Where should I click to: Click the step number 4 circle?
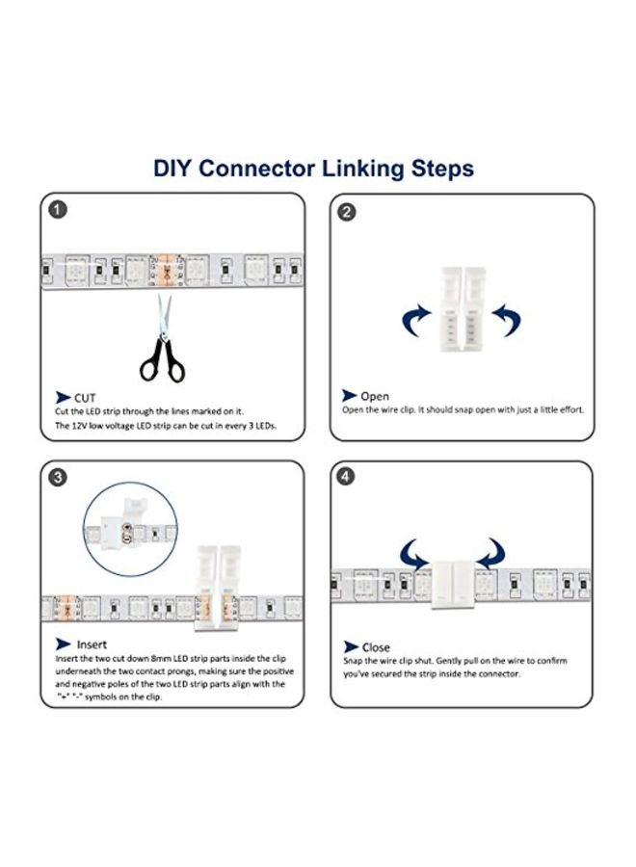(347, 477)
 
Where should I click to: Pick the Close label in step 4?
(376, 647)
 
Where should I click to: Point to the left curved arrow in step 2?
(415, 319)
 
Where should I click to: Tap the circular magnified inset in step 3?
(130, 527)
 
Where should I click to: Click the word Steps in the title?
(436, 169)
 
